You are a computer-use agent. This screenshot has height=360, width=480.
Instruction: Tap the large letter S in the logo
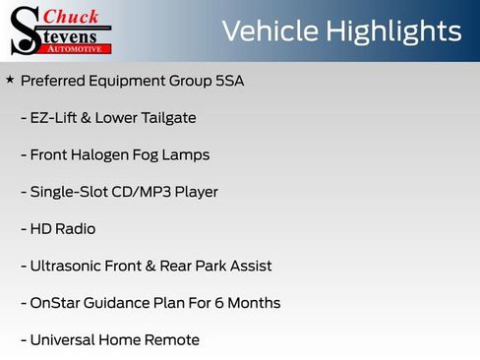[25, 30]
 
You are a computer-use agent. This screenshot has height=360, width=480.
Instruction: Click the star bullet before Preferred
[10, 79]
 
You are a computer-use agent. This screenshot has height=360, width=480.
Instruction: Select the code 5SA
[228, 81]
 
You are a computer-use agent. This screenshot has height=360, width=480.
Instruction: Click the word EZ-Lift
[54, 118]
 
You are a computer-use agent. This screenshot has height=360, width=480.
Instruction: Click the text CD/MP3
[135, 192]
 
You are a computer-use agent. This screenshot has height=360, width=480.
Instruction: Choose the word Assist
[250, 266]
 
